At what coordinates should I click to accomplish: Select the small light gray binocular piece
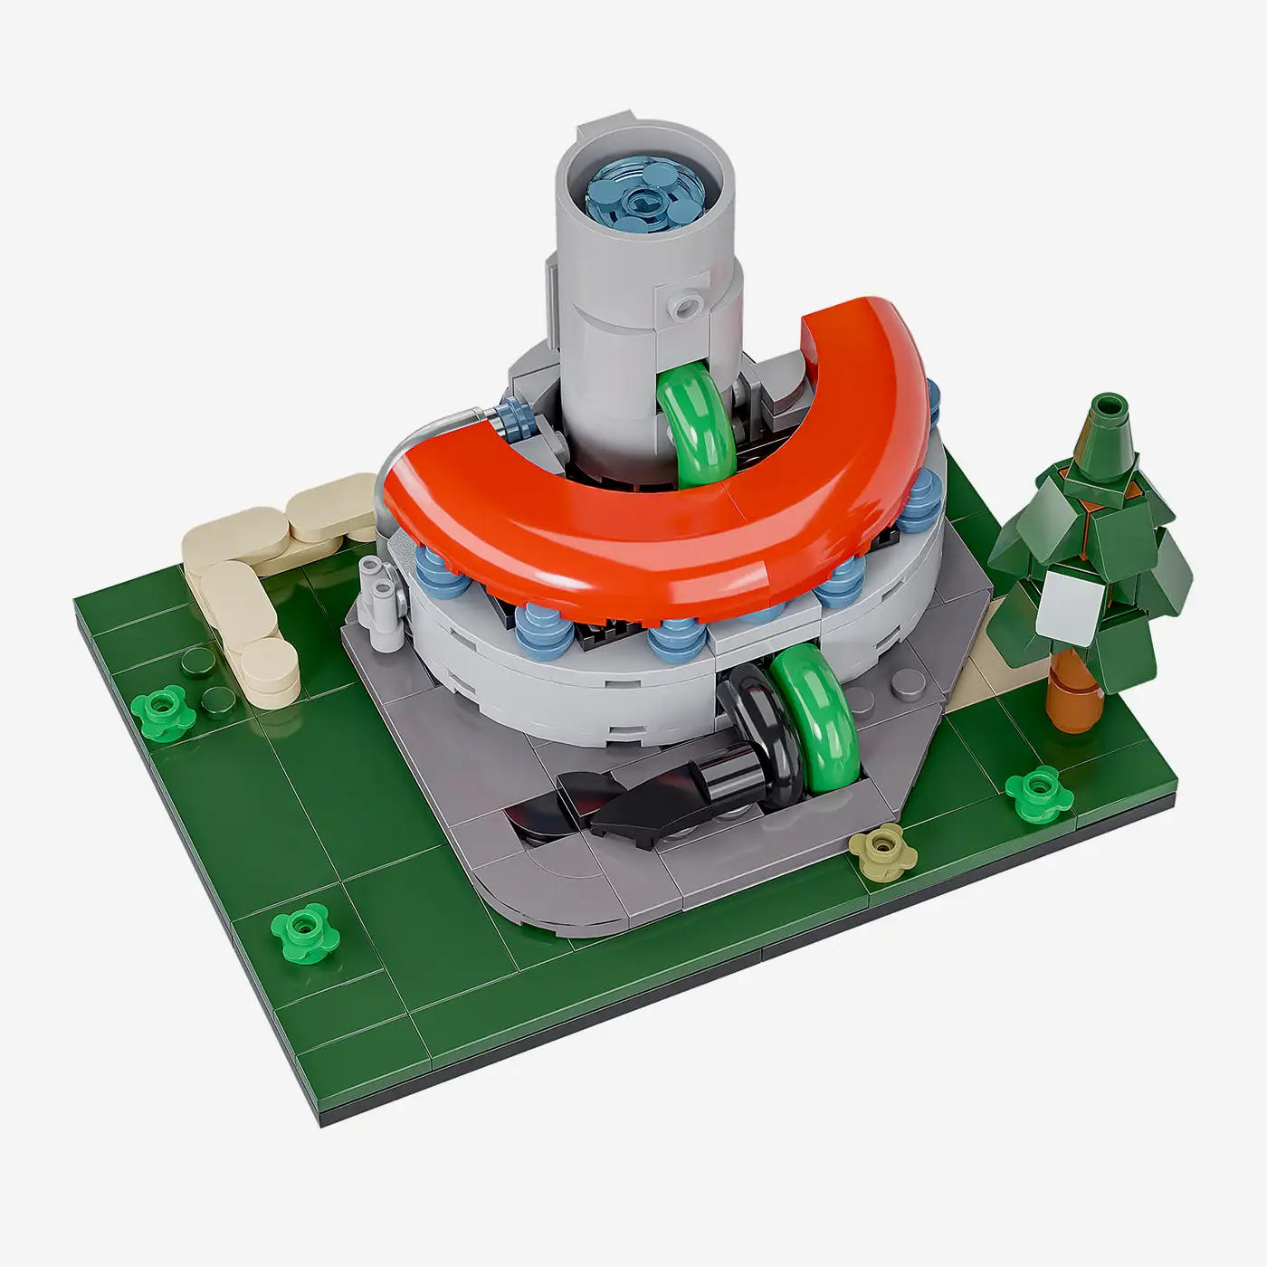click(x=380, y=593)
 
